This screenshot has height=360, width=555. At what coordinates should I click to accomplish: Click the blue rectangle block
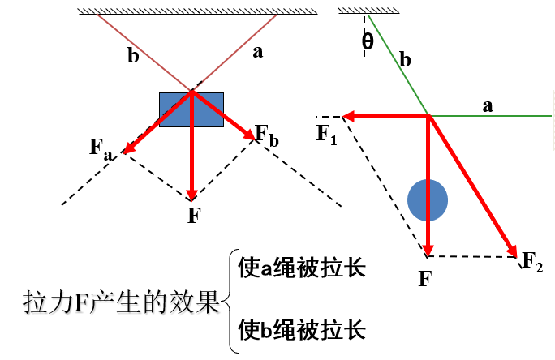click(191, 109)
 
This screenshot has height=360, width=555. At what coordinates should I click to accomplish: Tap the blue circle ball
click(428, 199)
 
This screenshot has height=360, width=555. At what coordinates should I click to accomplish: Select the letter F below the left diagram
click(193, 216)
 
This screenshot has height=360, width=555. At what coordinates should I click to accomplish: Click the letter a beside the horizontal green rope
click(488, 105)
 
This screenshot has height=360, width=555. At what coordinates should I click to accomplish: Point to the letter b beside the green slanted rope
click(406, 60)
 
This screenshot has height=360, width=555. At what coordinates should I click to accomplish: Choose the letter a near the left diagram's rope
click(258, 52)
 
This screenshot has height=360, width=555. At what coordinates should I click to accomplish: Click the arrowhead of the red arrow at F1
click(346, 117)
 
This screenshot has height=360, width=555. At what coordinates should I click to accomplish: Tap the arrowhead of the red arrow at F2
click(513, 251)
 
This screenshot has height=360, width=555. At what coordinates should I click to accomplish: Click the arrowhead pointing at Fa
click(127, 149)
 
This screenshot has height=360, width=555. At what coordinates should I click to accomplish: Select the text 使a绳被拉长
click(301, 268)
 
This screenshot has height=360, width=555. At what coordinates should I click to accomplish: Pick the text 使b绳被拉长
click(301, 330)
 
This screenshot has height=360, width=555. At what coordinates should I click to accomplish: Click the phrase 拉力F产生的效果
click(122, 302)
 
